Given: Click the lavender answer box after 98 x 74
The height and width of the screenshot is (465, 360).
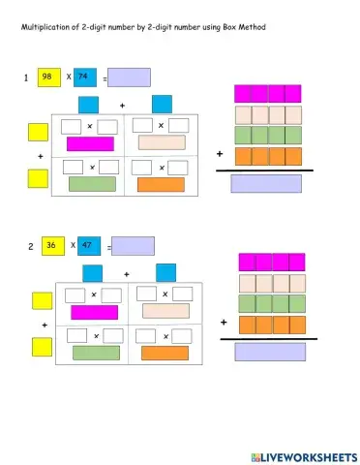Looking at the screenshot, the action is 129,77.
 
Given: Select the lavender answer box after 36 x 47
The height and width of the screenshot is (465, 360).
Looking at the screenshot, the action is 133,246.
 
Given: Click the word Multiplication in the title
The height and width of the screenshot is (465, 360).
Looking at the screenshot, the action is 49,26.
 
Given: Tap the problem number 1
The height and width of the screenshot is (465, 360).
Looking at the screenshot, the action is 26,77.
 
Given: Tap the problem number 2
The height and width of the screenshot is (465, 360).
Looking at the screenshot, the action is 29,247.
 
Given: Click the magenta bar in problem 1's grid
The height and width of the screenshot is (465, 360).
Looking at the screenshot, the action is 90,144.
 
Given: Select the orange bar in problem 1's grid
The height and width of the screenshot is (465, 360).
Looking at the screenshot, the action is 160,184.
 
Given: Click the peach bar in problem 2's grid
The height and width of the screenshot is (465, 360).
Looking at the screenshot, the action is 165,311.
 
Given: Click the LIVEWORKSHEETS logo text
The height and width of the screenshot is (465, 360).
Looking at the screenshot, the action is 300,455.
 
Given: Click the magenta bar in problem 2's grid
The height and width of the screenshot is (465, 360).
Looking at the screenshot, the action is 94,312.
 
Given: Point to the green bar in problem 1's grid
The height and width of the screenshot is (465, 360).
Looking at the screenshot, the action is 91,184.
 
